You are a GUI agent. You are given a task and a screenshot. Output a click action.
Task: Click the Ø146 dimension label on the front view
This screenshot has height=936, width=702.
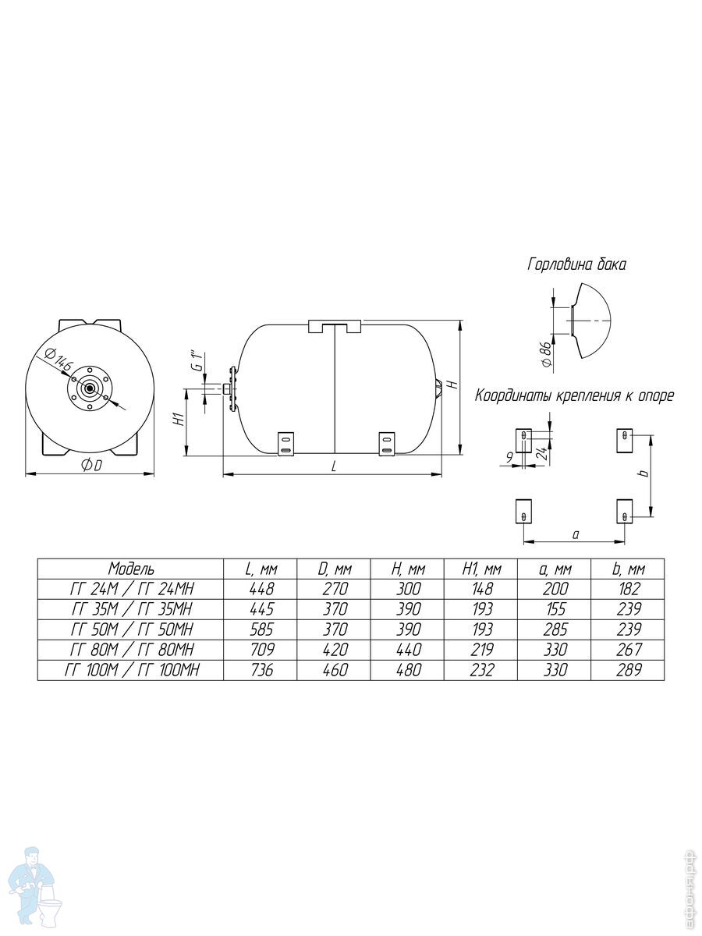pos(59,359)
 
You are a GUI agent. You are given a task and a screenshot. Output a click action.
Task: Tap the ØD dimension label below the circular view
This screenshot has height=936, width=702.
pos(91,466)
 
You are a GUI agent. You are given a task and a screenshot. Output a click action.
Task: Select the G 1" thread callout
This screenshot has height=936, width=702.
pos(197,362)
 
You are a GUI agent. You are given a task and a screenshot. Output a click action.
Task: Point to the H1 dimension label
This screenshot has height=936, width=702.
pos(180,420)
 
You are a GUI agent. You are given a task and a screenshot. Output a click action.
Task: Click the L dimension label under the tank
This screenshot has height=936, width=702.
pos(334,466)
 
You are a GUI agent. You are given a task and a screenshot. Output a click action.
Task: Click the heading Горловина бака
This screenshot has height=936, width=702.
pos(576,264)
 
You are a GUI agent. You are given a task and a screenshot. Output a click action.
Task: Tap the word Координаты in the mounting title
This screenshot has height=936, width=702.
pos(512,395)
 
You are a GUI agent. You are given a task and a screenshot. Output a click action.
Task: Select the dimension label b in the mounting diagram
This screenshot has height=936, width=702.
pos(644,473)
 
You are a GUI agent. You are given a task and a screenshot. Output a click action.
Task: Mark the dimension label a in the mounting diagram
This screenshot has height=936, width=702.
pos(576,534)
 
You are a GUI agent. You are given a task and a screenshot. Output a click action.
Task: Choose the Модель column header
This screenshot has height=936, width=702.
pos(131,569)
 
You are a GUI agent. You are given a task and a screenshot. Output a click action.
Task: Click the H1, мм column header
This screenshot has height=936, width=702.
pos(481,569)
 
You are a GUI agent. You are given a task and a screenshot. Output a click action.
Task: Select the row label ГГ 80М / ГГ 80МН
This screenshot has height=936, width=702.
pos(131,650)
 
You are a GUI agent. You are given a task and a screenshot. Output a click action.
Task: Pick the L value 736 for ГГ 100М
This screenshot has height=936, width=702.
pos(261,670)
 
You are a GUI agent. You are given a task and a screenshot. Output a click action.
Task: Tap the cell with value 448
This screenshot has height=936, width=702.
pos(261,589)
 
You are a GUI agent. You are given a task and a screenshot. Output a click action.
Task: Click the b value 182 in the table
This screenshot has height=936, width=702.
pos(628,589)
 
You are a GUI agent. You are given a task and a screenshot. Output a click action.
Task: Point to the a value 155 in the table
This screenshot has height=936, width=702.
pos(555,609)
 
